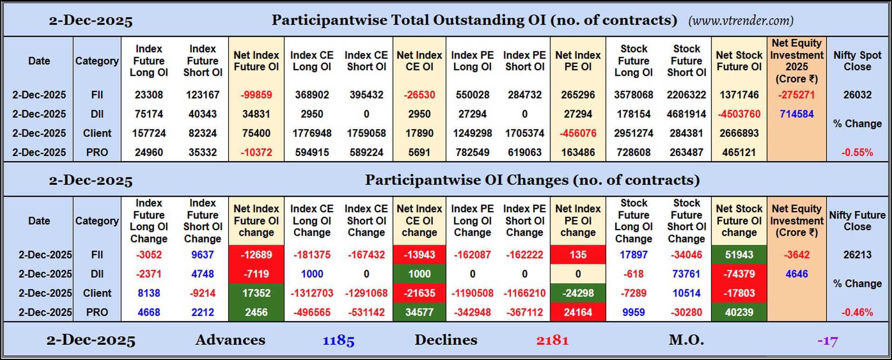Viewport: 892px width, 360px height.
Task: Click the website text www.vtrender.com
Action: (x=741, y=21)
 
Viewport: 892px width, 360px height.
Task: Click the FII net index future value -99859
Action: (x=256, y=95)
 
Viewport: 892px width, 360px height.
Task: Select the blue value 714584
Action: (x=796, y=114)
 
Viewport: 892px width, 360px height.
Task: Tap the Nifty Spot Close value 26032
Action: (x=857, y=95)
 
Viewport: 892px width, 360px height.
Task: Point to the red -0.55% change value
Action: (x=857, y=152)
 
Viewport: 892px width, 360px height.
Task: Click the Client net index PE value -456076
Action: (x=577, y=133)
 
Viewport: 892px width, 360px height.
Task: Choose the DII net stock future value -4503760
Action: (x=739, y=114)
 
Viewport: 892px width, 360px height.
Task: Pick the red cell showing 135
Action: (x=577, y=255)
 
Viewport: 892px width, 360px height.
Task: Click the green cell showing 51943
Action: (x=739, y=255)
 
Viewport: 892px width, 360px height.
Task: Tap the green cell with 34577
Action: (x=419, y=312)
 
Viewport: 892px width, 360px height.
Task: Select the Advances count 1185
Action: (x=338, y=340)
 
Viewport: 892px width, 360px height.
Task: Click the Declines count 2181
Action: (x=552, y=340)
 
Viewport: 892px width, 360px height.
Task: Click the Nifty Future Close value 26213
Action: (x=857, y=255)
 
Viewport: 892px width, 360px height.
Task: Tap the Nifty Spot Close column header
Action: (x=857, y=61)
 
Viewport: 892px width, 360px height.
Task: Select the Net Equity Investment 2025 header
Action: (x=796, y=61)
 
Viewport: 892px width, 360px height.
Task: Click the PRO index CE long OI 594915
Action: (x=312, y=152)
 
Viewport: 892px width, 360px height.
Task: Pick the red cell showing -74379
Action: (x=739, y=274)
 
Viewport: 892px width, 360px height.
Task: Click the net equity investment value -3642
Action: (x=796, y=255)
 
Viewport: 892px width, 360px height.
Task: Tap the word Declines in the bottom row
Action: (x=446, y=340)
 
